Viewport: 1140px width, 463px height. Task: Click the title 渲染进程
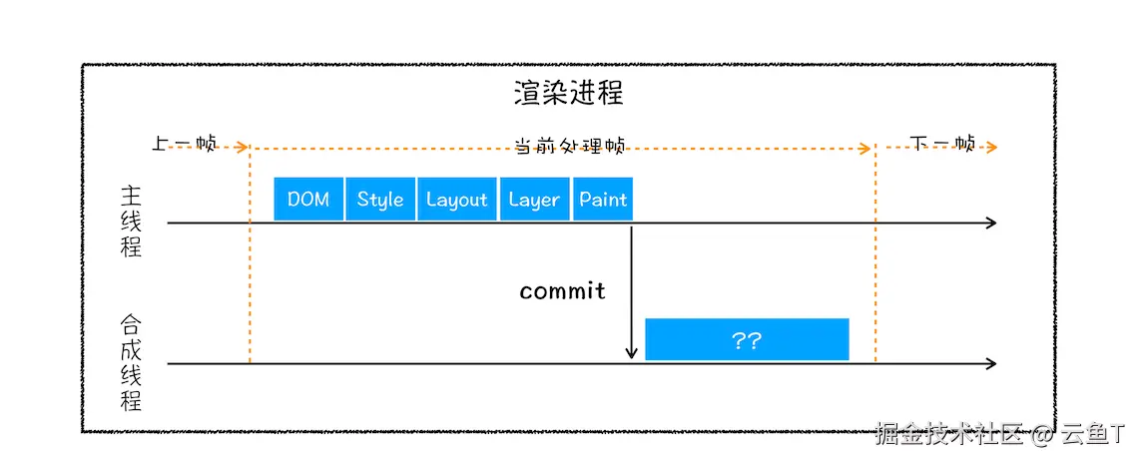pyautogui.click(x=568, y=93)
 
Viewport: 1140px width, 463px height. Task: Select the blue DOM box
pyautogui.click(x=308, y=199)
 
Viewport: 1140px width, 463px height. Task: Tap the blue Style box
pyautogui.click(x=380, y=199)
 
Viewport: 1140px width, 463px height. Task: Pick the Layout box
pyautogui.click(x=456, y=199)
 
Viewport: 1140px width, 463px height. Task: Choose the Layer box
pyautogui.click(x=534, y=199)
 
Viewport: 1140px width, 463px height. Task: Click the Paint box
pyautogui.click(x=603, y=199)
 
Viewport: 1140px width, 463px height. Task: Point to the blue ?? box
pyautogui.click(x=747, y=339)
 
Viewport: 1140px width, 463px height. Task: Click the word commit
pyautogui.click(x=562, y=291)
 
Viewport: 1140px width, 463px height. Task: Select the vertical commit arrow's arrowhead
pyautogui.click(x=631, y=352)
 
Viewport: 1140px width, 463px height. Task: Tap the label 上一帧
pyautogui.click(x=185, y=144)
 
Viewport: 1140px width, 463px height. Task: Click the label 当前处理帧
pyautogui.click(x=569, y=146)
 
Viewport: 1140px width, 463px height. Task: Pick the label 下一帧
pyautogui.click(x=943, y=144)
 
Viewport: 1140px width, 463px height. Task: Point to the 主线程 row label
pyautogui.click(x=131, y=221)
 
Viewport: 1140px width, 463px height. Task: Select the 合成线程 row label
pyautogui.click(x=131, y=362)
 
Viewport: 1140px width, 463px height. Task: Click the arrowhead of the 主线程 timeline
pyautogui.click(x=990, y=223)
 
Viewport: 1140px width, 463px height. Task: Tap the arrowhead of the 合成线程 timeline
pyautogui.click(x=990, y=363)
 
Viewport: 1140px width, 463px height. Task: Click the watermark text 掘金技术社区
pyautogui.click(x=949, y=434)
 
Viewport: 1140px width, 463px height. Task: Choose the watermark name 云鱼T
pyautogui.click(x=1096, y=434)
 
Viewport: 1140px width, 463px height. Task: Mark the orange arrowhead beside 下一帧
pyautogui.click(x=991, y=148)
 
